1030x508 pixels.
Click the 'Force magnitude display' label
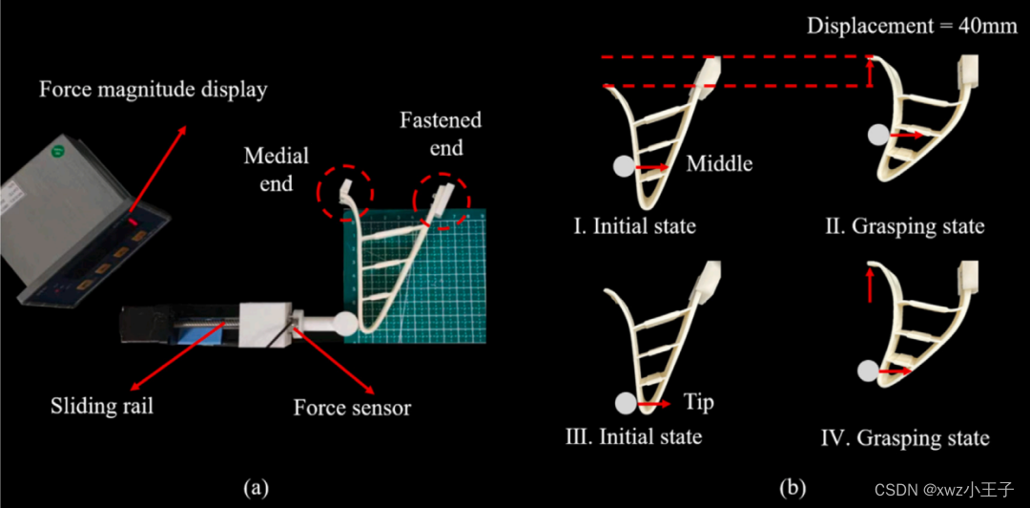tap(154, 91)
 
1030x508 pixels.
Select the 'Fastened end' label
tap(440, 134)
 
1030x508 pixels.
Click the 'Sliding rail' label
tap(102, 407)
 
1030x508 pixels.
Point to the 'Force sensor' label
tap(352, 408)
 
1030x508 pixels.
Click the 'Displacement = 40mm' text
tap(912, 25)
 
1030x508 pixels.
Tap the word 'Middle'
tap(719, 163)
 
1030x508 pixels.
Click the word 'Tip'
tap(699, 402)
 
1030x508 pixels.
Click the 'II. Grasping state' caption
tap(905, 226)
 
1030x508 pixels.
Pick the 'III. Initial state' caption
tap(633, 436)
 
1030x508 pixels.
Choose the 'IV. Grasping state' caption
tap(904, 438)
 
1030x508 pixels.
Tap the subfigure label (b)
tap(793, 488)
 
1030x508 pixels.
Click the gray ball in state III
tap(626, 404)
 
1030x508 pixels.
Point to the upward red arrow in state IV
tap(871, 286)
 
